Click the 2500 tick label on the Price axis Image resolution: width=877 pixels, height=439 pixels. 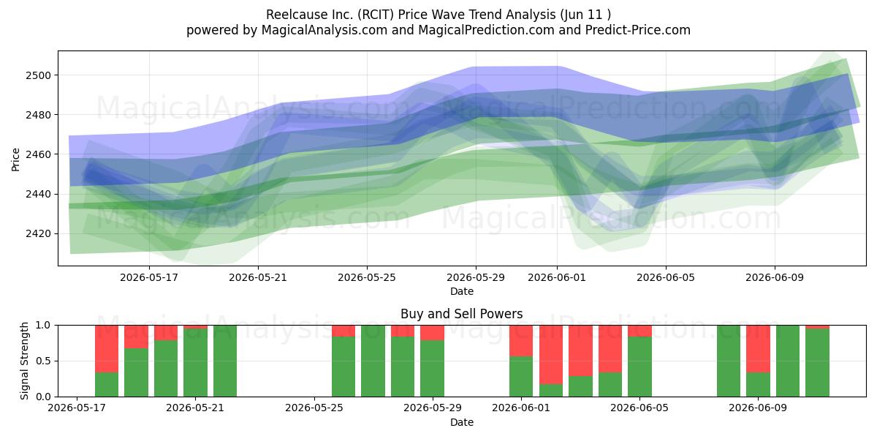(x=38, y=75)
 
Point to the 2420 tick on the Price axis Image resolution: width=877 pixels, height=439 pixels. (x=38, y=233)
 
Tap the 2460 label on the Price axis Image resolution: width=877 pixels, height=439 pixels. (x=38, y=154)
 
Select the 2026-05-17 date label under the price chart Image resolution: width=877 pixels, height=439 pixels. (x=149, y=277)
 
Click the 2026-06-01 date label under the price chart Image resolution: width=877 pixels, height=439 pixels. (x=557, y=277)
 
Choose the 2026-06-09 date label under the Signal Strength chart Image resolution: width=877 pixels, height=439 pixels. (x=758, y=408)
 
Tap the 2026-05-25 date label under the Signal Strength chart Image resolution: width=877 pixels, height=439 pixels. (x=314, y=408)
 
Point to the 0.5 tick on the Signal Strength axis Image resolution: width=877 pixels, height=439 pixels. (x=43, y=361)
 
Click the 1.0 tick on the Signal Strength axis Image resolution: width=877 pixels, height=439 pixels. (x=43, y=326)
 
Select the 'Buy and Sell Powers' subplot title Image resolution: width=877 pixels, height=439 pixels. (x=462, y=314)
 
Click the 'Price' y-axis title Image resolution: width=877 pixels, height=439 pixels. (x=15, y=160)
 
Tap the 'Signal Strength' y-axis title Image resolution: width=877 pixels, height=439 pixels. (x=24, y=361)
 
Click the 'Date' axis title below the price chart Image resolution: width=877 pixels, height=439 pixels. (x=462, y=291)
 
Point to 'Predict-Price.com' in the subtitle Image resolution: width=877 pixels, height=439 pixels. (x=638, y=30)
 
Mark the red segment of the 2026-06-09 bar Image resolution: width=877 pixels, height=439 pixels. (x=758, y=349)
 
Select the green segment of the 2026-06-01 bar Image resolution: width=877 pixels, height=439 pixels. (x=521, y=377)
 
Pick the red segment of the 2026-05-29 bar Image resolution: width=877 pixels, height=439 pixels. (x=432, y=333)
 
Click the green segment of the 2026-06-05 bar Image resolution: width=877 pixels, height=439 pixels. (x=639, y=367)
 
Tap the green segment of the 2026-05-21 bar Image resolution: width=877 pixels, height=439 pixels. (x=195, y=363)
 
